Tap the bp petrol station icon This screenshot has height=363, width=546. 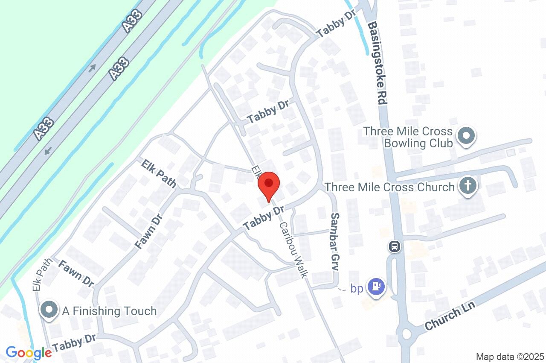tap(376, 286)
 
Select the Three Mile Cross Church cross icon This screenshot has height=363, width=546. tap(467, 186)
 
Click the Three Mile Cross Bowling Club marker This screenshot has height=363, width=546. tap(466, 136)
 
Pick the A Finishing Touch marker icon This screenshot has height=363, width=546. tap(49, 310)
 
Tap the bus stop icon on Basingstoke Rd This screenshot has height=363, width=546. tap(395, 246)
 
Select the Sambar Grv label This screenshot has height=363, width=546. tap(335, 242)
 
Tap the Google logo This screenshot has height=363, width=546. tap(29, 353)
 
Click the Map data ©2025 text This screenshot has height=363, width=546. tap(510, 357)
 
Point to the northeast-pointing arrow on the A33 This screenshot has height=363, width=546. tap(93, 68)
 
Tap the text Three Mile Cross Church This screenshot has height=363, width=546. tap(389, 187)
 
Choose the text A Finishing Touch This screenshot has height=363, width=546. tap(109, 311)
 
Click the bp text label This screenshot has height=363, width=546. tap(357, 289)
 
